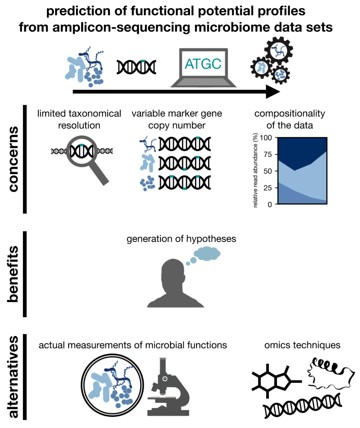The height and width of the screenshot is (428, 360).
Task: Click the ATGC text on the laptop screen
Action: point(203,64)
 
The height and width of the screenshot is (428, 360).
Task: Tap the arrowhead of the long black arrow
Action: point(273,91)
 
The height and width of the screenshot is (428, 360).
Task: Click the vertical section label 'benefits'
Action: point(13,274)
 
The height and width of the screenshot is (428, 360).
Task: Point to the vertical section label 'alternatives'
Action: point(13,377)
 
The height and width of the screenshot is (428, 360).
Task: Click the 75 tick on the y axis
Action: point(268,154)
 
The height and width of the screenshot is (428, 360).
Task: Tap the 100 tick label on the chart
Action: point(266,138)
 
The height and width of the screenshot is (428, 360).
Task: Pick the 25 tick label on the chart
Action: point(268,188)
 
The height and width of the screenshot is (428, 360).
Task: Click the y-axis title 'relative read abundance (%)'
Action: point(255,170)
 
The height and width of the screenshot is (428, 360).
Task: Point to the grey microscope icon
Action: point(167,388)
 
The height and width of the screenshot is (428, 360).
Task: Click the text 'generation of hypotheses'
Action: point(181,239)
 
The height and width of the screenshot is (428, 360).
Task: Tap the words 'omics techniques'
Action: point(302,345)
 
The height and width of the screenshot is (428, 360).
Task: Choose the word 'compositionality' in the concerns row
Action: point(289,113)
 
